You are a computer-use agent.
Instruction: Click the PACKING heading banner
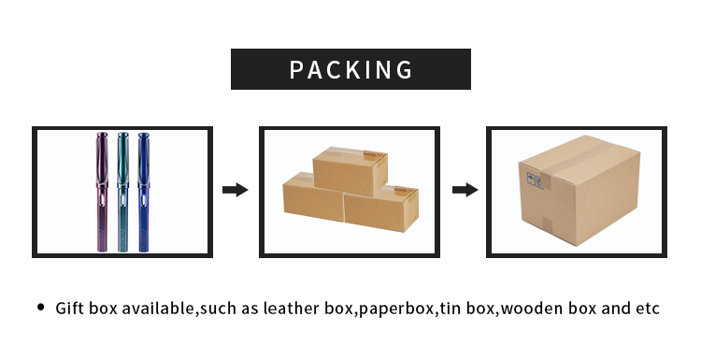[350, 69]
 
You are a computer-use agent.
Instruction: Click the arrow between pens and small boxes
[235, 190]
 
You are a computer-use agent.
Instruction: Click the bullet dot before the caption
[40, 307]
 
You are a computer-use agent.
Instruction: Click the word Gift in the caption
[70, 308]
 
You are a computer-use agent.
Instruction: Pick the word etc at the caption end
[649, 308]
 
